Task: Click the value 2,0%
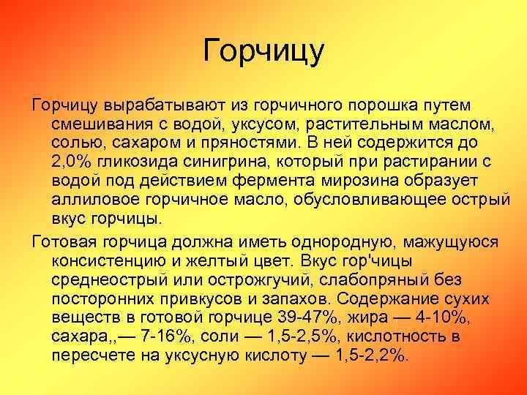[74, 160]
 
